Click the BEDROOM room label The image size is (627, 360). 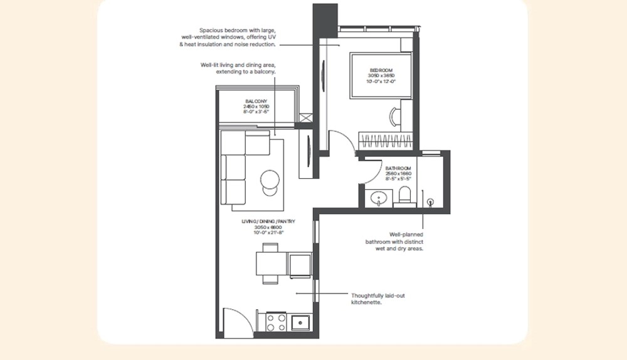381,70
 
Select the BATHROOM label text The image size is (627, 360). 398,169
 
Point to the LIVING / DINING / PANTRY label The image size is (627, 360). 268,222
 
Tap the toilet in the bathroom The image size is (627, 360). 404,195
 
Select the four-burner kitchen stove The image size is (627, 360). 277,322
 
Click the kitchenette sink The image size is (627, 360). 300,322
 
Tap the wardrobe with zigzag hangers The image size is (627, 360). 384,139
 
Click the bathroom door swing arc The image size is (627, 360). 371,171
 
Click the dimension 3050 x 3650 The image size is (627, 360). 381,76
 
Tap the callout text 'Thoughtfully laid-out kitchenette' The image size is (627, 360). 377,299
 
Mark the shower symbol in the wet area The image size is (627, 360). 431,202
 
